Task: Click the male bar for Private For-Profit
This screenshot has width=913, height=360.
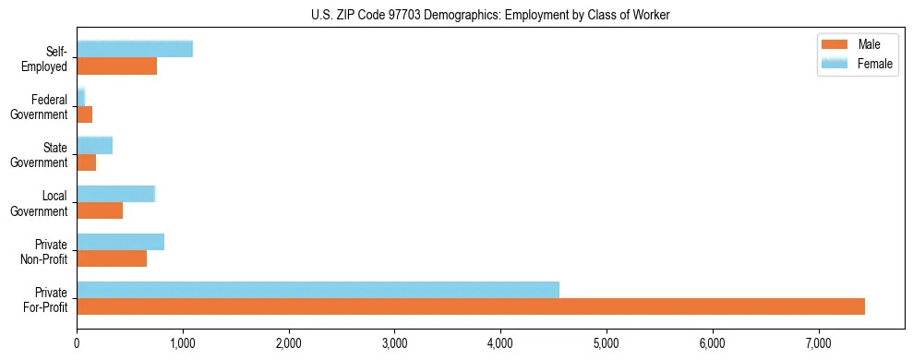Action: pos(471,306)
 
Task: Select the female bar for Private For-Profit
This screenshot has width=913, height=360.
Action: pos(318,290)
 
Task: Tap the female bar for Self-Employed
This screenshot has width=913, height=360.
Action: pos(135,49)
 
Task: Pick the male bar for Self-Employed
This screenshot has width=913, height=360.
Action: pos(116,66)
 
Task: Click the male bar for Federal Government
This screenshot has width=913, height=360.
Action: pos(84,114)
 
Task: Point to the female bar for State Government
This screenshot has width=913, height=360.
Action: pos(94,145)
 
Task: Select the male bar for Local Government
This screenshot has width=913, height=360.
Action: pos(100,210)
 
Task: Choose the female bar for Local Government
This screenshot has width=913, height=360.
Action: pos(115,194)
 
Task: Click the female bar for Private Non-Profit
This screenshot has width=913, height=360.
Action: pos(120,242)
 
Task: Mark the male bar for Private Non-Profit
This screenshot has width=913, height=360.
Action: pos(112,258)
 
